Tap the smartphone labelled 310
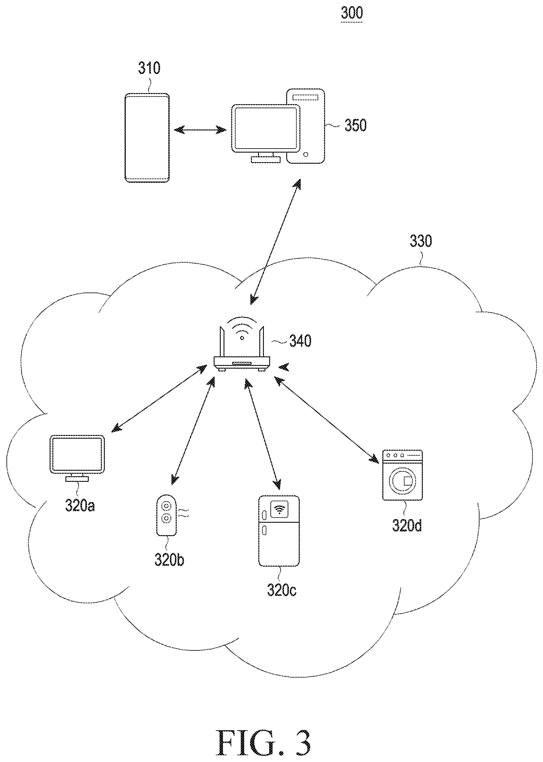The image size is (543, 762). click(x=147, y=138)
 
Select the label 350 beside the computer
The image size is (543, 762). click(x=356, y=125)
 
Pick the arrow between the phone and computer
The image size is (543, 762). click(x=200, y=130)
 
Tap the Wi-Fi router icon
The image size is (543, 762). click(x=242, y=344)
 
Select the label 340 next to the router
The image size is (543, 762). click(x=300, y=341)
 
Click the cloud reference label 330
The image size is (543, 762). click(x=421, y=241)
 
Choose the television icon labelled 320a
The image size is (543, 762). click(x=77, y=458)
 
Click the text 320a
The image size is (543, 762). click(x=80, y=506)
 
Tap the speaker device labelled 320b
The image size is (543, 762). click(x=167, y=515)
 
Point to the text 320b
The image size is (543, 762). click(x=169, y=560)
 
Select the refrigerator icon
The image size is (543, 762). click(x=279, y=531)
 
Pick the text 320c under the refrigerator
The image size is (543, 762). click(x=282, y=590)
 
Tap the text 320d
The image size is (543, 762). click(x=407, y=526)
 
